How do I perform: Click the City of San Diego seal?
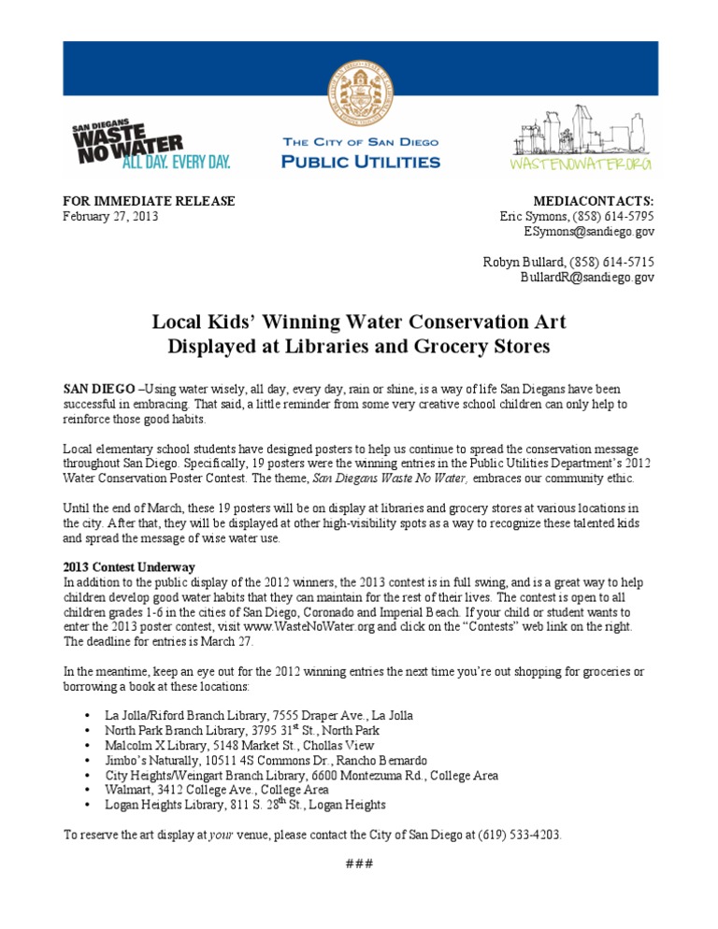tap(360, 93)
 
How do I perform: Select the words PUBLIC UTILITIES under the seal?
tap(361, 162)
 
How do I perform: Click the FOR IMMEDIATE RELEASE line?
tap(149, 201)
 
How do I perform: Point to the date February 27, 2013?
tap(110, 216)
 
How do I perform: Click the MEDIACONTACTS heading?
tap(594, 201)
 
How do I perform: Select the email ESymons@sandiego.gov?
tap(588, 231)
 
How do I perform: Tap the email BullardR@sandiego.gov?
tap(587, 278)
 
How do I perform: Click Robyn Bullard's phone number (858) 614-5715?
tap(614, 263)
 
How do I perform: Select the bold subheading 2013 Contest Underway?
tap(129, 567)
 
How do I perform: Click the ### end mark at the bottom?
tap(359, 863)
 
